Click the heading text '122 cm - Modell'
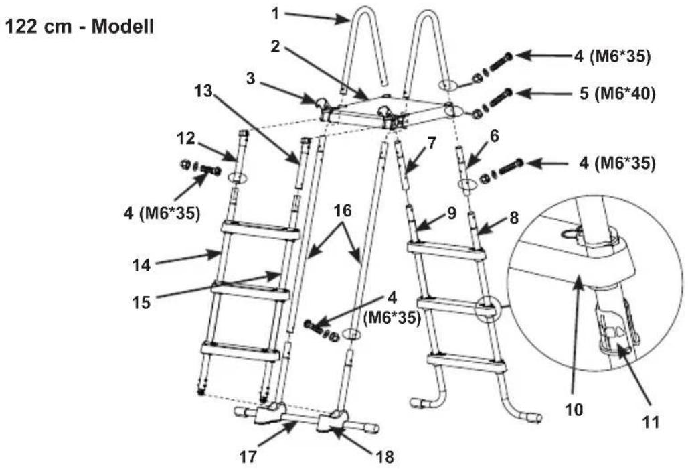(80, 27)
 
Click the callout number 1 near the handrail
(275, 13)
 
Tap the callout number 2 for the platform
(275, 46)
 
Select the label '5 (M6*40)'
(617, 94)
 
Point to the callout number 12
(185, 138)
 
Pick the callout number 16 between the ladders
(343, 211)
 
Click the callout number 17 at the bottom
(248, 457)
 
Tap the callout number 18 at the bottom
(385, 457)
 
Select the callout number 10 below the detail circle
(574, 410)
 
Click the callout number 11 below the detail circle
(651, 422)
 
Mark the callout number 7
(432, 143)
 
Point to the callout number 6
(494, 136)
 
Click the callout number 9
(452, 213)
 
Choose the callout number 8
(514, 218)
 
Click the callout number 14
(142, 265)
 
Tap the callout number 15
(142, 302)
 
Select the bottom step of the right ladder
(466, 362)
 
